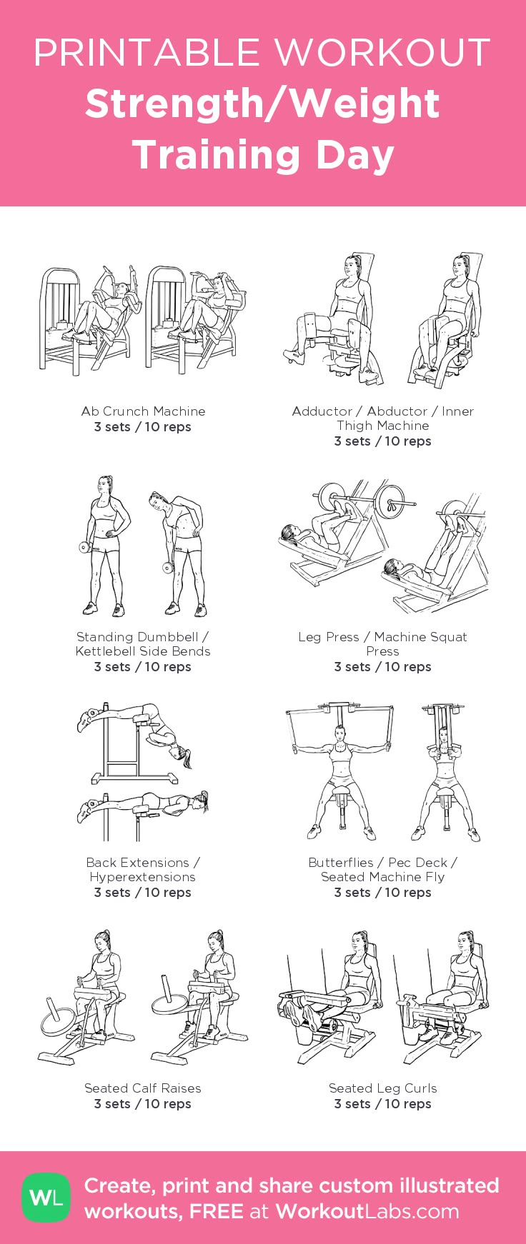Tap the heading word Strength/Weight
[262, 104]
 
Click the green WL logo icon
[46, 1197]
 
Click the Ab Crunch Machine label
[143, 411]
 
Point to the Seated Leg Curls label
[382, 1088]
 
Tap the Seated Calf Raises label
[143, 1088]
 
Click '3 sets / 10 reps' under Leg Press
[382, 667]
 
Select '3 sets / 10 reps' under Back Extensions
[143, 893]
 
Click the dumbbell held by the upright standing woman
[84, 548]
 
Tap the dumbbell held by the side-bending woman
[168, 568]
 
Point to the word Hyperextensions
[143, 877]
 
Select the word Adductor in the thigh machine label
[322, 411]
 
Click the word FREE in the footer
[217, 1211]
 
